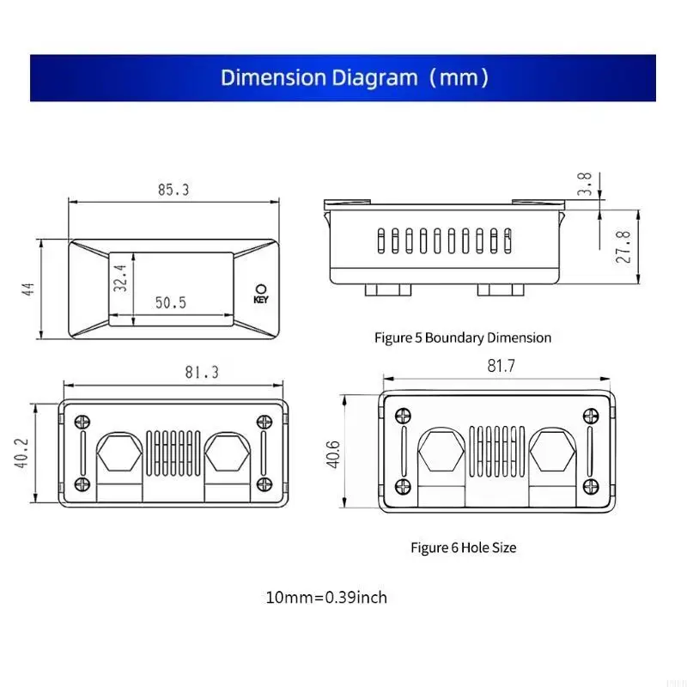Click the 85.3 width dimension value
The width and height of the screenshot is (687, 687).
pos(173,191)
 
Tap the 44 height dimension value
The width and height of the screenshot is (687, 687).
pos(29,290)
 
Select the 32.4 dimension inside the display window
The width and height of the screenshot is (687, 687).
pos(120,278)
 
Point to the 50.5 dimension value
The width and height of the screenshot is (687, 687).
pos(171,302)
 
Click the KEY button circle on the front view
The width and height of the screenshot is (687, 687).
pos(261,289)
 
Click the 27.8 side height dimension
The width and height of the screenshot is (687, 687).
pos(624,246)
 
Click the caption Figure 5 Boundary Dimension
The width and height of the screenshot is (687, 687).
pos(463,337)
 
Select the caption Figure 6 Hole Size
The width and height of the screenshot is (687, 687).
pos(463,547)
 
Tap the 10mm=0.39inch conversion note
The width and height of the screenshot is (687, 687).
pos(326,597)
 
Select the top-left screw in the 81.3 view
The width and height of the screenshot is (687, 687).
pos(83,422)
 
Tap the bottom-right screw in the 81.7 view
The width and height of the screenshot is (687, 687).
pos(590,486)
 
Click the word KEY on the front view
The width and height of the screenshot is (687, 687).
pos(261,301)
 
